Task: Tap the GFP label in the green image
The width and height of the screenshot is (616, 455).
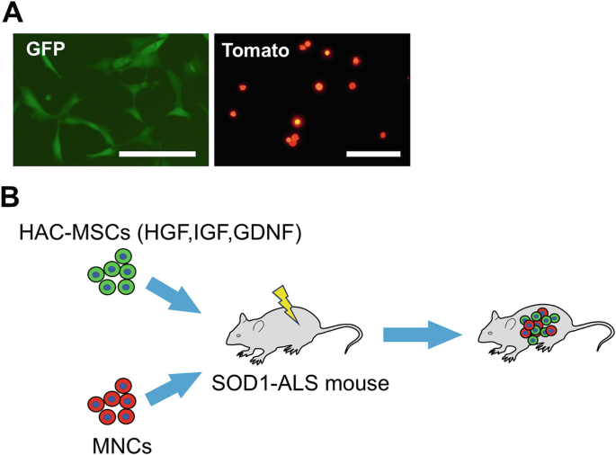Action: tap(44, 50)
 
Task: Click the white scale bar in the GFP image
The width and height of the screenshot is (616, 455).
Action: tap(156, 154)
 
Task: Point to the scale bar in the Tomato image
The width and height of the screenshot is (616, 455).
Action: tap(371, 153)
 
